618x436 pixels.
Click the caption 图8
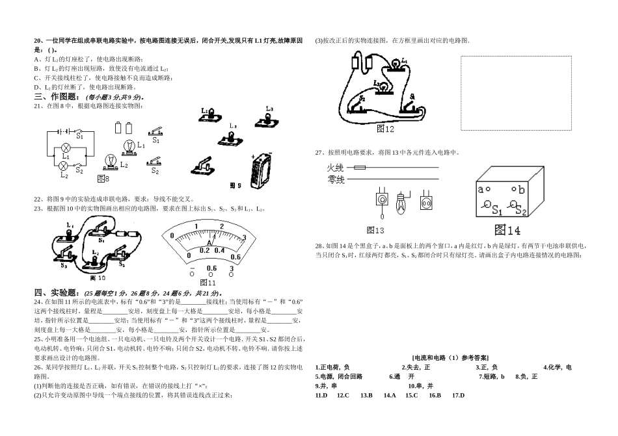[103, 178]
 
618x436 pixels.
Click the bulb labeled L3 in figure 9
[267, 116]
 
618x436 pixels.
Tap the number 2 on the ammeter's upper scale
[222, 227]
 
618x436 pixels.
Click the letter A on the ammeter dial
[209, 243]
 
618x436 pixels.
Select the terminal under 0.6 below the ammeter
[211, 275]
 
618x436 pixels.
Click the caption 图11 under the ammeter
[208, 283]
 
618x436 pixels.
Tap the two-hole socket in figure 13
[427, 202]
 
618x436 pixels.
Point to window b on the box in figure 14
[513, 190]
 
